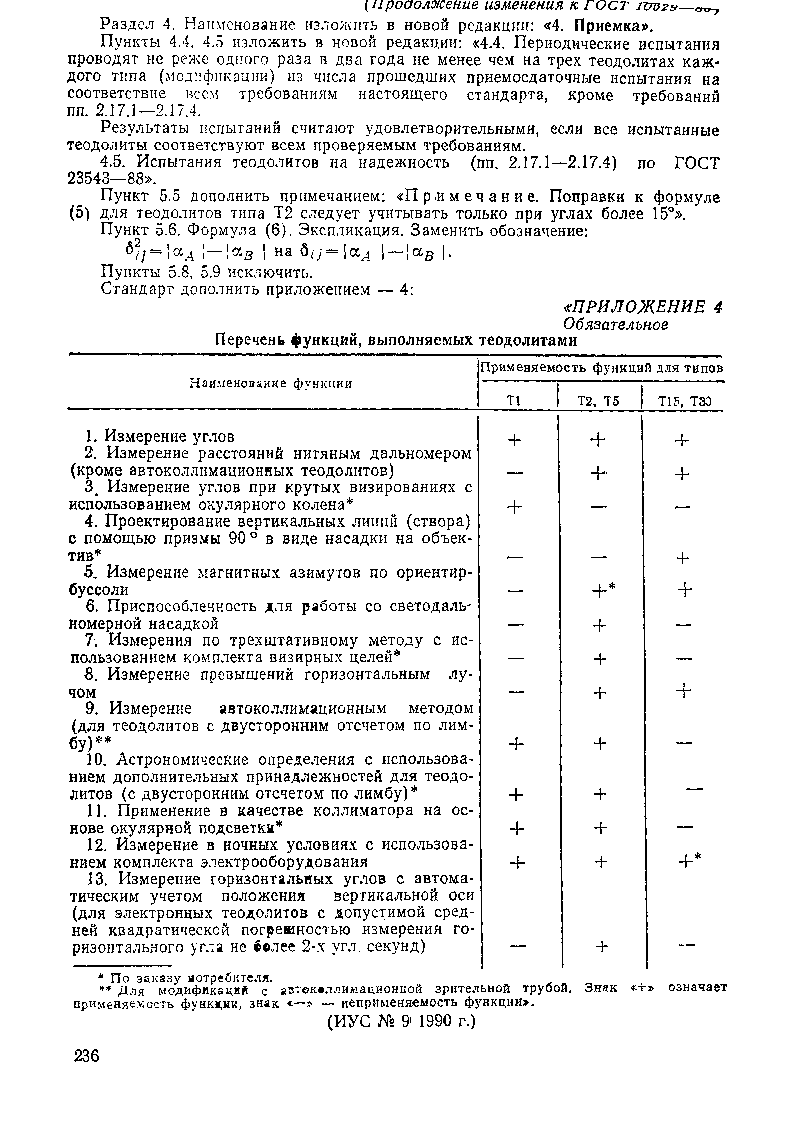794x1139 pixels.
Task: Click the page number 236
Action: click(x=86, y=1055)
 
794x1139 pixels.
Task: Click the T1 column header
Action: click(x=513, y=401)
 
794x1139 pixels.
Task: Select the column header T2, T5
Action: click(x=599, y=401)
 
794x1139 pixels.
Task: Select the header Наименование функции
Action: click(x=271, y=383)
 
